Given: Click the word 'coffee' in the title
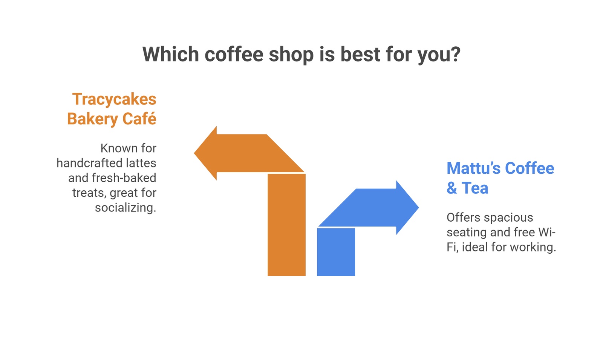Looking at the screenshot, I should click(x=234, y=54).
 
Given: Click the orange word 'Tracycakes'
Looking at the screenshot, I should click(x=114, y=99).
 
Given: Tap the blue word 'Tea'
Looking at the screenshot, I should click(x=475, y=188).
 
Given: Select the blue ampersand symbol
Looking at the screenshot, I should click(x=451, y=188).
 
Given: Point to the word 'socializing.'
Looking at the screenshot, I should click(x=125, y=207).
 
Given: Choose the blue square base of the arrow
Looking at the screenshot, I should click(x=336, y=252).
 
